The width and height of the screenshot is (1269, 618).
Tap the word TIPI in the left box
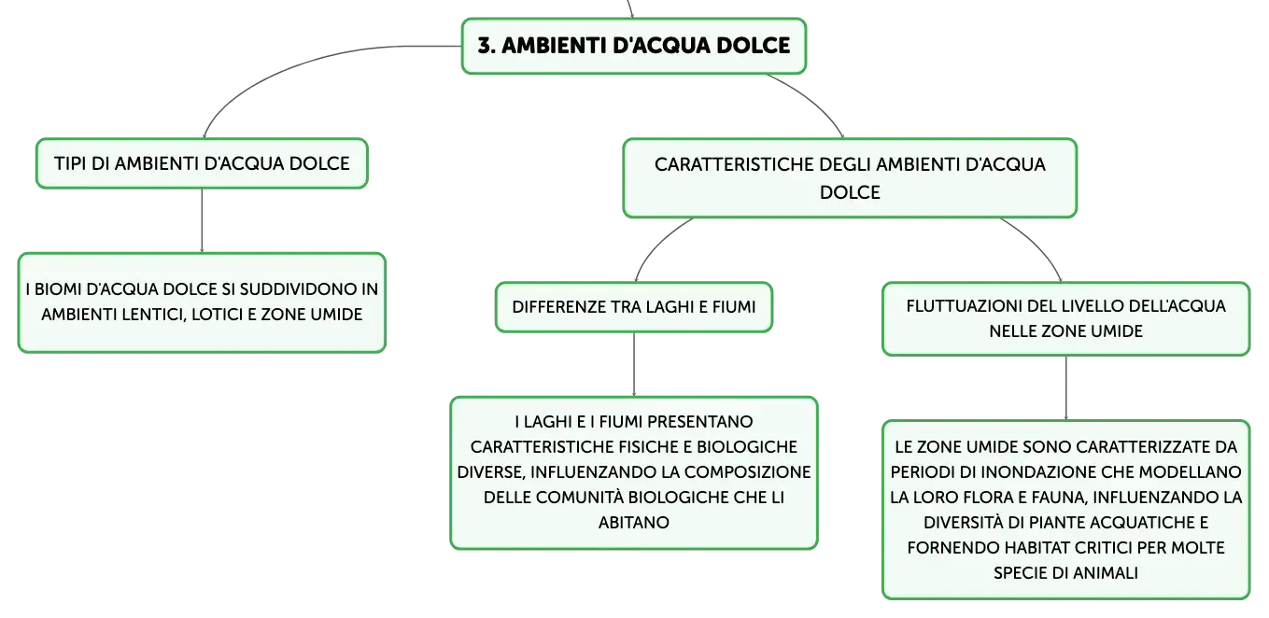(x=70, y=163)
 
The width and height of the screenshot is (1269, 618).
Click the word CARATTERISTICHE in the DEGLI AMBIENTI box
(x=734, y=164)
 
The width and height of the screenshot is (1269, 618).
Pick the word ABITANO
(x=634, y=522)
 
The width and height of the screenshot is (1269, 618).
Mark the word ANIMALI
(x=1106, y=572)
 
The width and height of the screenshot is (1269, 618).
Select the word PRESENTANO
(x=699, y=421)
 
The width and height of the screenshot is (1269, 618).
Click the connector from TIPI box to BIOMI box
(x=202, y=220)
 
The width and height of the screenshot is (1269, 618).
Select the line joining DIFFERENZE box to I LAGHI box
(x=634, y=364)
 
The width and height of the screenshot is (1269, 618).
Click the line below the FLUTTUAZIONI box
(x=1066, y=388)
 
